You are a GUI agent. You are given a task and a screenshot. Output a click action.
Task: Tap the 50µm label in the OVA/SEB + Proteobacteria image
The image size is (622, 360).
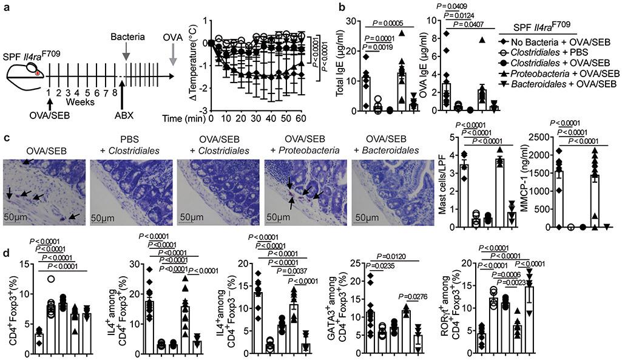coord(281,217)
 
